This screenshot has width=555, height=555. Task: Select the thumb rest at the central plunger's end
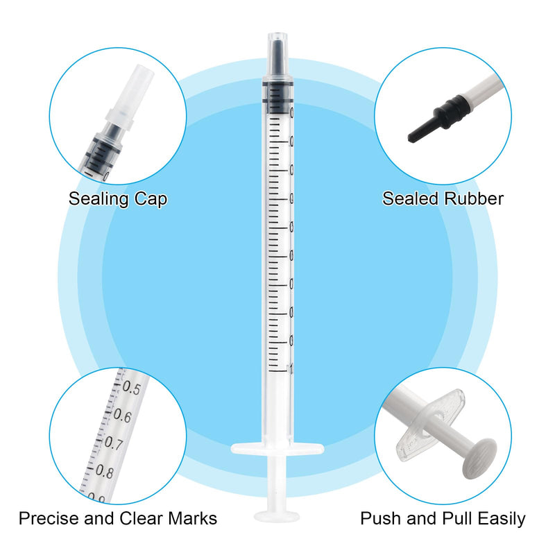coord(276,516)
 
